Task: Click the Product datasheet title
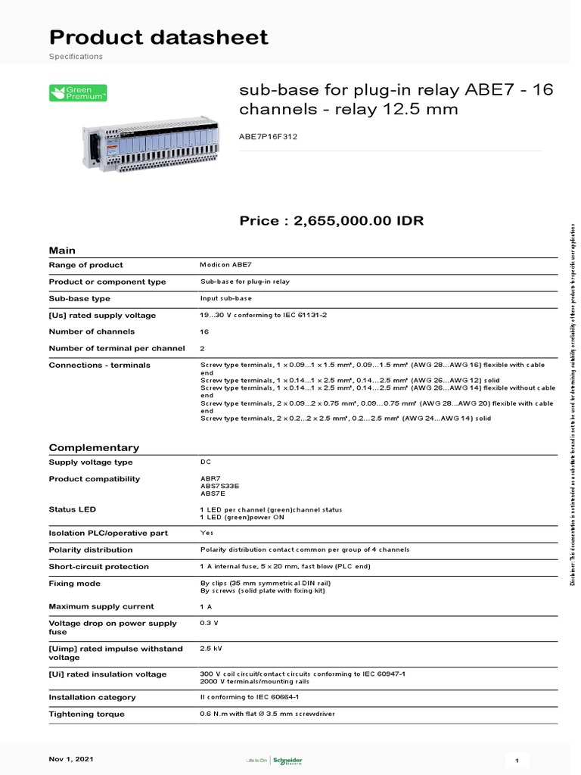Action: pyautogui.click(x=158, y=37)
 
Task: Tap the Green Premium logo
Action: pyautogui.click(x=78, y=93)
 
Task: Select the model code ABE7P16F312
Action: pyautogui.click(x=268, y=136)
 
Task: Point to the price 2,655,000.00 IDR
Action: pyautogui.click(x=331, y=221)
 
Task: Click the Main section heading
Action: pyautogui.click(x=62, y=251)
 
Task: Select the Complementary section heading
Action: pyautogui.click(x=94, y=447)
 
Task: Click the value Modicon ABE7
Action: pyautogui.click(x=225, y=266)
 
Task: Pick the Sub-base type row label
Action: pyautogui.click(x=79, y=299)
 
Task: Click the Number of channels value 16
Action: pyautogui.click(x=205, y=331)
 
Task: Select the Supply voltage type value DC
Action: pyautogui.click(x=205, y=462)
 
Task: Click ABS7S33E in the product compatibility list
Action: pyautogui.click(x=219, y=486)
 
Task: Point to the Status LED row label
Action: pyautogui.click(x=73, y=509)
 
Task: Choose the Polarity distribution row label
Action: pyautogui.click(x=90, y=550)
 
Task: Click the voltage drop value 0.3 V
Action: pyautogui.click(x=210, y=622)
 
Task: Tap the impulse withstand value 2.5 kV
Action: pyautogui.click(x=211, y=649)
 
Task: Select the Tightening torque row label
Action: pyautogui.click(x=87, y=714)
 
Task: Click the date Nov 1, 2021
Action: pyautogui.click(x=72, y=758)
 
